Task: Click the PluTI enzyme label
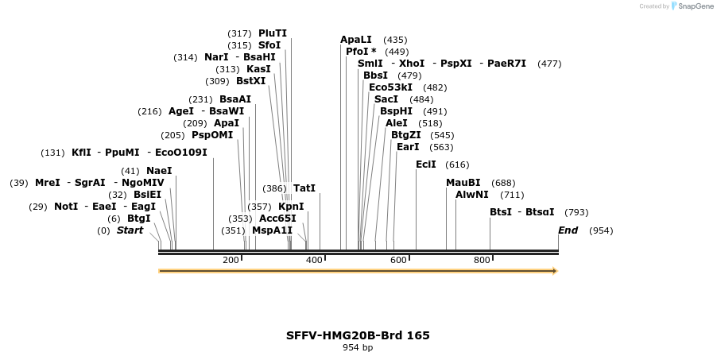[273, 33]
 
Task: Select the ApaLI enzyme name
[356, 40]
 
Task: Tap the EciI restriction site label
[426, 165]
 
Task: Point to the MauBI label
[463, 183]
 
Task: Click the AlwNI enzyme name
[472, 195]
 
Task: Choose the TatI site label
[304, 188]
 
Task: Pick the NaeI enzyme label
[159, 171]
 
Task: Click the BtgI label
[139, 219]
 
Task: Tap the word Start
[130, 230]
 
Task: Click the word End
[568, 230]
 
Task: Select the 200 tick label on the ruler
[231, 261]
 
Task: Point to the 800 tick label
[482, 261]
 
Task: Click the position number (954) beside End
[601, 231]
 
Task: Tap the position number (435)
[395, 40]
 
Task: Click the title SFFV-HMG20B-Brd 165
[358, 335]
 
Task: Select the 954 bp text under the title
[358, 348]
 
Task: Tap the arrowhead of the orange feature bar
[555, 271]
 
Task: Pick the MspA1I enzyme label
[273, 230]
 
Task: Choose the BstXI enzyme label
[251, 81]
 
